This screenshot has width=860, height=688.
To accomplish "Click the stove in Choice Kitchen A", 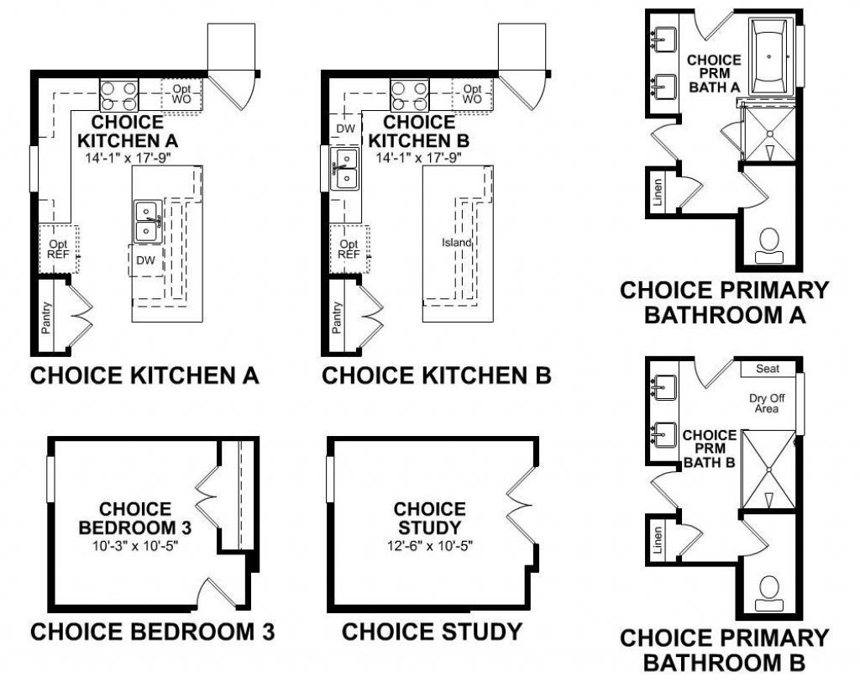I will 119,94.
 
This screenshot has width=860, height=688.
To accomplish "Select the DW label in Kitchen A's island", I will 146,260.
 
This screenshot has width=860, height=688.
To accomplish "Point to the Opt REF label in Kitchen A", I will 57,249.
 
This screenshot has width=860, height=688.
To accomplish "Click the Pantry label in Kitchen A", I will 47,318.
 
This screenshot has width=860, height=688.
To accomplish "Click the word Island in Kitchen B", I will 457,243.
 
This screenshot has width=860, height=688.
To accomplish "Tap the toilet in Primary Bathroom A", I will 769,242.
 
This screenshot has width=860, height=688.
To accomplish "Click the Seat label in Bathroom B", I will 767,369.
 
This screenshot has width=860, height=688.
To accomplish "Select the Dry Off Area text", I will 765,403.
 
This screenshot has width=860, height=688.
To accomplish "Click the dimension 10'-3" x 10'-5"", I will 135,545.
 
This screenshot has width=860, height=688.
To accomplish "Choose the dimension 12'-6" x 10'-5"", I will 429,545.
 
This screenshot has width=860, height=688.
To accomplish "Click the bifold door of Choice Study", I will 519,504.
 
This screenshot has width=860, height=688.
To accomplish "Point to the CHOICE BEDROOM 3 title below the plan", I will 152,631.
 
